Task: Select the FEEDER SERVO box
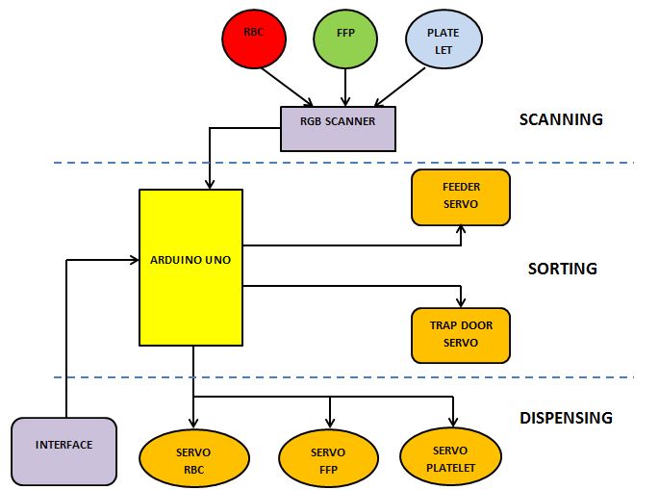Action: pyautogui.click(x=460, y=197)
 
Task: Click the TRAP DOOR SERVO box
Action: pyautogui.click(x=461, y=334)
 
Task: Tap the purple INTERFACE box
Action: pyautogui.click(x=63, y=446)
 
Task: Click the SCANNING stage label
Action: pyautogui.click(x=560, y=120)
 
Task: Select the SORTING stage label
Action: pyautogui.click(x=562, y=269)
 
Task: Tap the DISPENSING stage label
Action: pyautogui.click(x=566, y=418)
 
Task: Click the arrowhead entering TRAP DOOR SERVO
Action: pyautogui.click(x=462, y=302)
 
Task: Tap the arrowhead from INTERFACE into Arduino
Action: pyautogui.click(x=134, y=258)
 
